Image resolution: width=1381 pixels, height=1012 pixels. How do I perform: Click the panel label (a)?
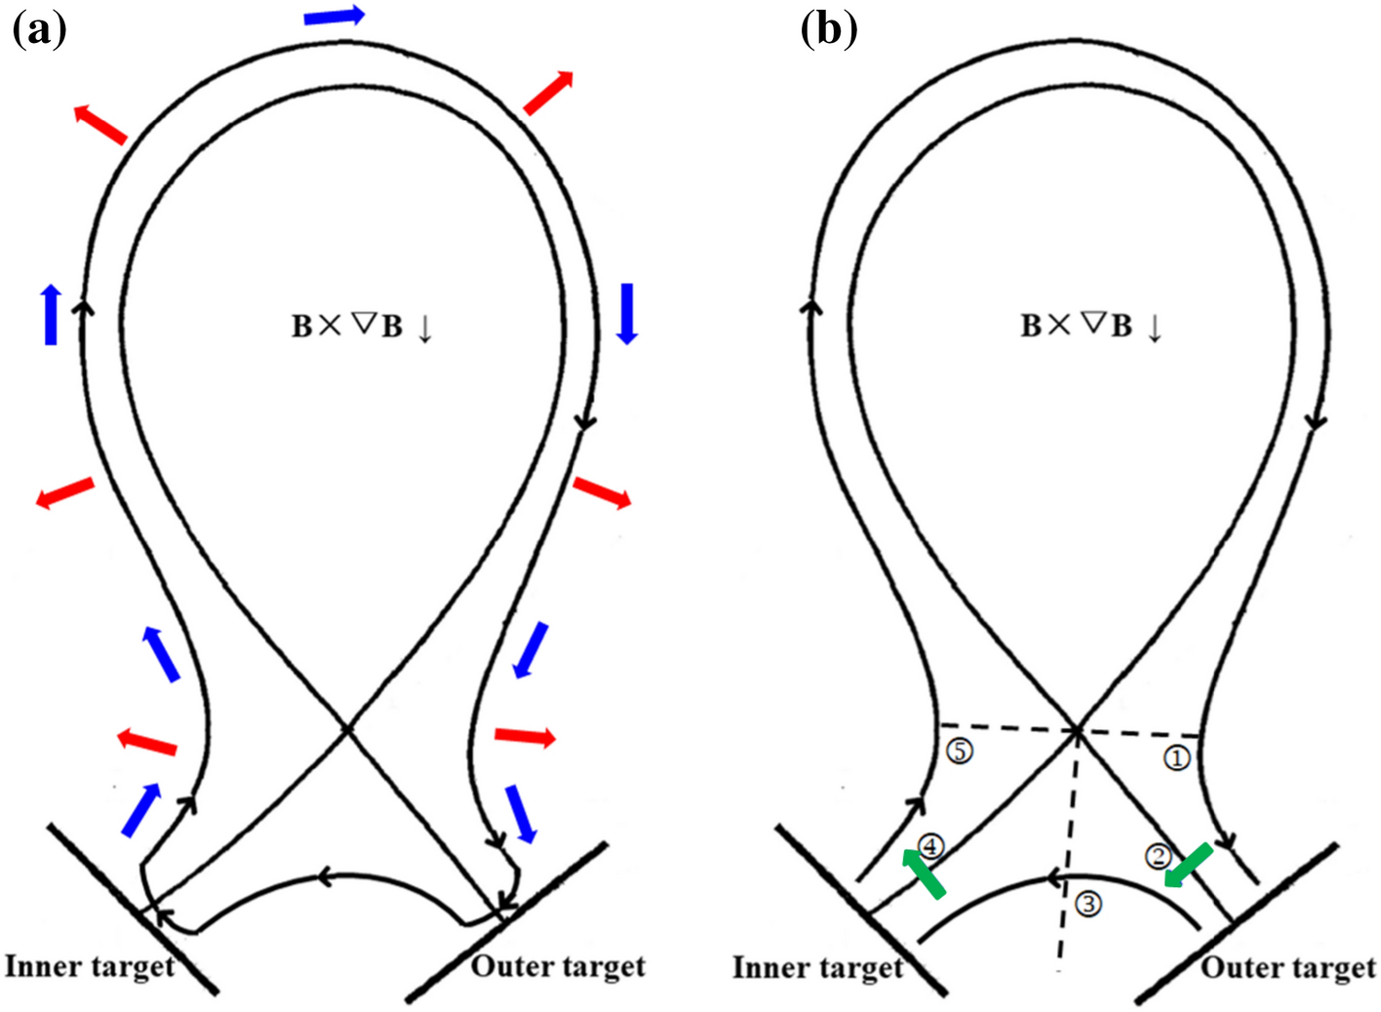39,29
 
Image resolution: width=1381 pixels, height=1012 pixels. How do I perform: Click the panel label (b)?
828,29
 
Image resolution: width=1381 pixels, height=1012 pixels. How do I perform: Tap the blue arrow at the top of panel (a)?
334,16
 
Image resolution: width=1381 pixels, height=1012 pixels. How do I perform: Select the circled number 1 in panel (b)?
1177,758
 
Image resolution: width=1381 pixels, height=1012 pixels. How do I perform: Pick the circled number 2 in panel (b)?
1157,856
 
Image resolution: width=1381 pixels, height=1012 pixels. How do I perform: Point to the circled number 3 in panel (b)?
1088,904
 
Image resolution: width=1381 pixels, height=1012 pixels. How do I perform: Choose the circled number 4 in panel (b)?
931,846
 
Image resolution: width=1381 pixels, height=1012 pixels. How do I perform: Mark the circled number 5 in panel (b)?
960,752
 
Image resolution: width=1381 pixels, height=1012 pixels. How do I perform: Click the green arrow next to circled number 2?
1188,866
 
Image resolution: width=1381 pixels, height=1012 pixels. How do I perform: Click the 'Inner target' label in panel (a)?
90,966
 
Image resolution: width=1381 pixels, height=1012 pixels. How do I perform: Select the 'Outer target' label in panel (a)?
558,966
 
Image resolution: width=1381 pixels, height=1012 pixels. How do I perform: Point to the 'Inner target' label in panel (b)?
817,967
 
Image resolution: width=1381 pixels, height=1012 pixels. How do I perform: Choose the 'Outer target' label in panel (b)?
1287,967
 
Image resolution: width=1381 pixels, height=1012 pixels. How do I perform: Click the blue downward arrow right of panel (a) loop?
627,313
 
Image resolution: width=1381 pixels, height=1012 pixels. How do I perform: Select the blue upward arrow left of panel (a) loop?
51,315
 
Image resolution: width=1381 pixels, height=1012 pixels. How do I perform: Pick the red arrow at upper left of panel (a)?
100,124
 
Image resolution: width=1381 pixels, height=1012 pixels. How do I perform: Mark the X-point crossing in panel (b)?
1075,729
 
